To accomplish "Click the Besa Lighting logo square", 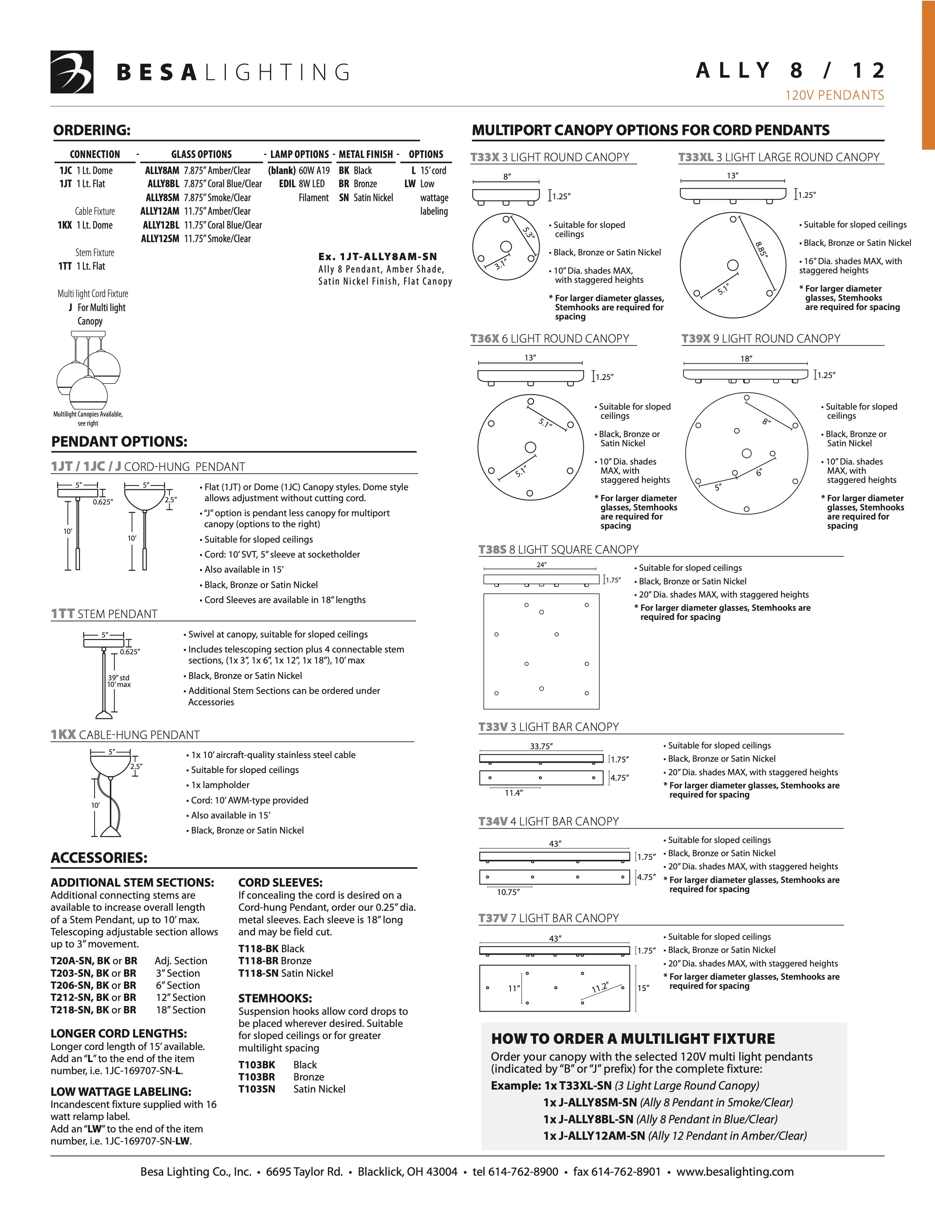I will pos(72,72).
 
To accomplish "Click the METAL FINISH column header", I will pos(366,155).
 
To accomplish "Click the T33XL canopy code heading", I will pos(696,157).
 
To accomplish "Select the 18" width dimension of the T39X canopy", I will pos(746,359).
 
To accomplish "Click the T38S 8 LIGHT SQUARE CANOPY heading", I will pos(558,550).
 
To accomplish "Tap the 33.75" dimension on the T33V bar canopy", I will pos(541,746).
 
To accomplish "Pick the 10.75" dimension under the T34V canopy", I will pos(508,892).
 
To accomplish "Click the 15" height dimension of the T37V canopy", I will pos(643,988).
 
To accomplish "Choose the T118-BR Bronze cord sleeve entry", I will pos(275,961).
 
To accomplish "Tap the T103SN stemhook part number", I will pos(256,1089).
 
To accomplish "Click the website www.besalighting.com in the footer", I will pos(735,1171).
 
